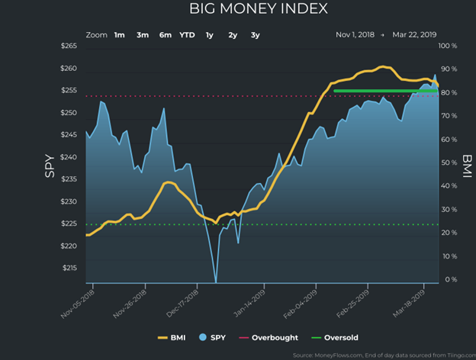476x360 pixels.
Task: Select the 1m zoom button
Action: click(120, 35)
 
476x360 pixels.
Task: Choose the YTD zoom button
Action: click(187, 35)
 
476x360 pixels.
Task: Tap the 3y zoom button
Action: click(256, 35)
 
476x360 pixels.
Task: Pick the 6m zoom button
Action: click(166, 35)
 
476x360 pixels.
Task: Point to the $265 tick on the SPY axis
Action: click(69, 47)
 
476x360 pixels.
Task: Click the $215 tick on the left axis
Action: click(69, 268)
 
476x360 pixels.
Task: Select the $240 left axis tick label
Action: click(69, 158)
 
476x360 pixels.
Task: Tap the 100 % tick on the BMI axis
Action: click(449, 47)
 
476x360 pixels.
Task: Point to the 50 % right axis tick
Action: click(449, 163)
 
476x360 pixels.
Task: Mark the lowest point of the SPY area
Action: click(215, 281)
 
